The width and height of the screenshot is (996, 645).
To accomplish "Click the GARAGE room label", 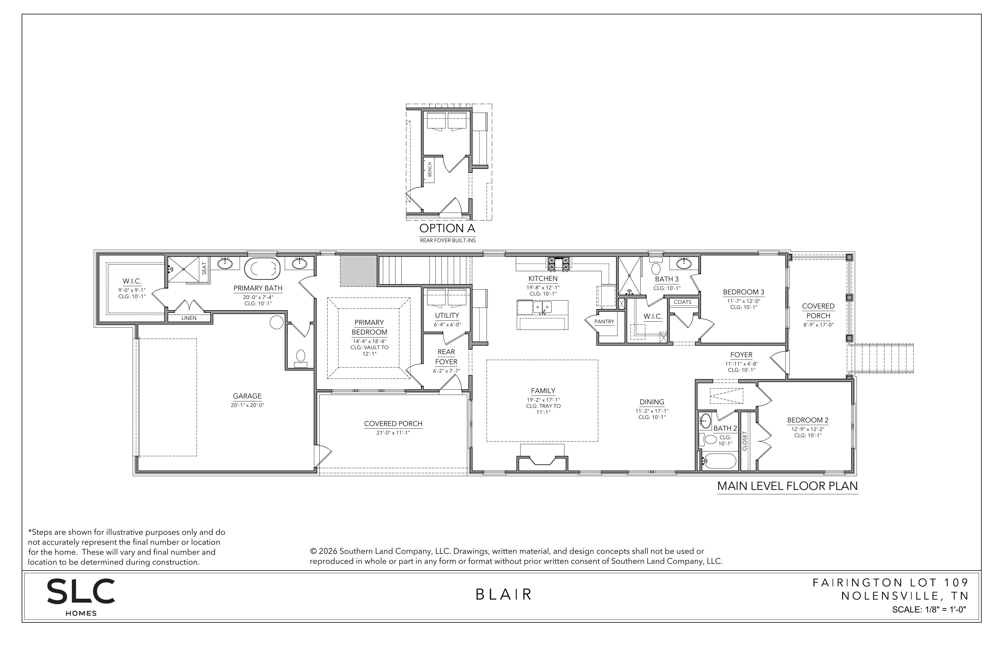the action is coord(247,396).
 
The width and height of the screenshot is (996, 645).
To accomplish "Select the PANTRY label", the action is coord(604,322).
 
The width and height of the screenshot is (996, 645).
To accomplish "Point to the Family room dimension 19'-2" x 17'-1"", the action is coord(543,400).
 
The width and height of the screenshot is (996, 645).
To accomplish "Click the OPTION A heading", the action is coord(447,229).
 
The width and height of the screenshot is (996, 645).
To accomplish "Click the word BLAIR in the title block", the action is coord(504,594).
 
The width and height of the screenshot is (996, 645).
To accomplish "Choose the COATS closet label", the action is coord(683,302).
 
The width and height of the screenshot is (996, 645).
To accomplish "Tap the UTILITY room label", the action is coord(447,316).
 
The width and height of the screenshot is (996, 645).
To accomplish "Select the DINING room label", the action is coord(652,402).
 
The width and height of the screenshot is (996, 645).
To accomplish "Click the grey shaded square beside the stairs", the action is coord(358,271).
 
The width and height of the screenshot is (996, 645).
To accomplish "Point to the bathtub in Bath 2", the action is coord(719,461).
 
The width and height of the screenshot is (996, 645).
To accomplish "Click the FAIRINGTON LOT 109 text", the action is coord(891,583).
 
